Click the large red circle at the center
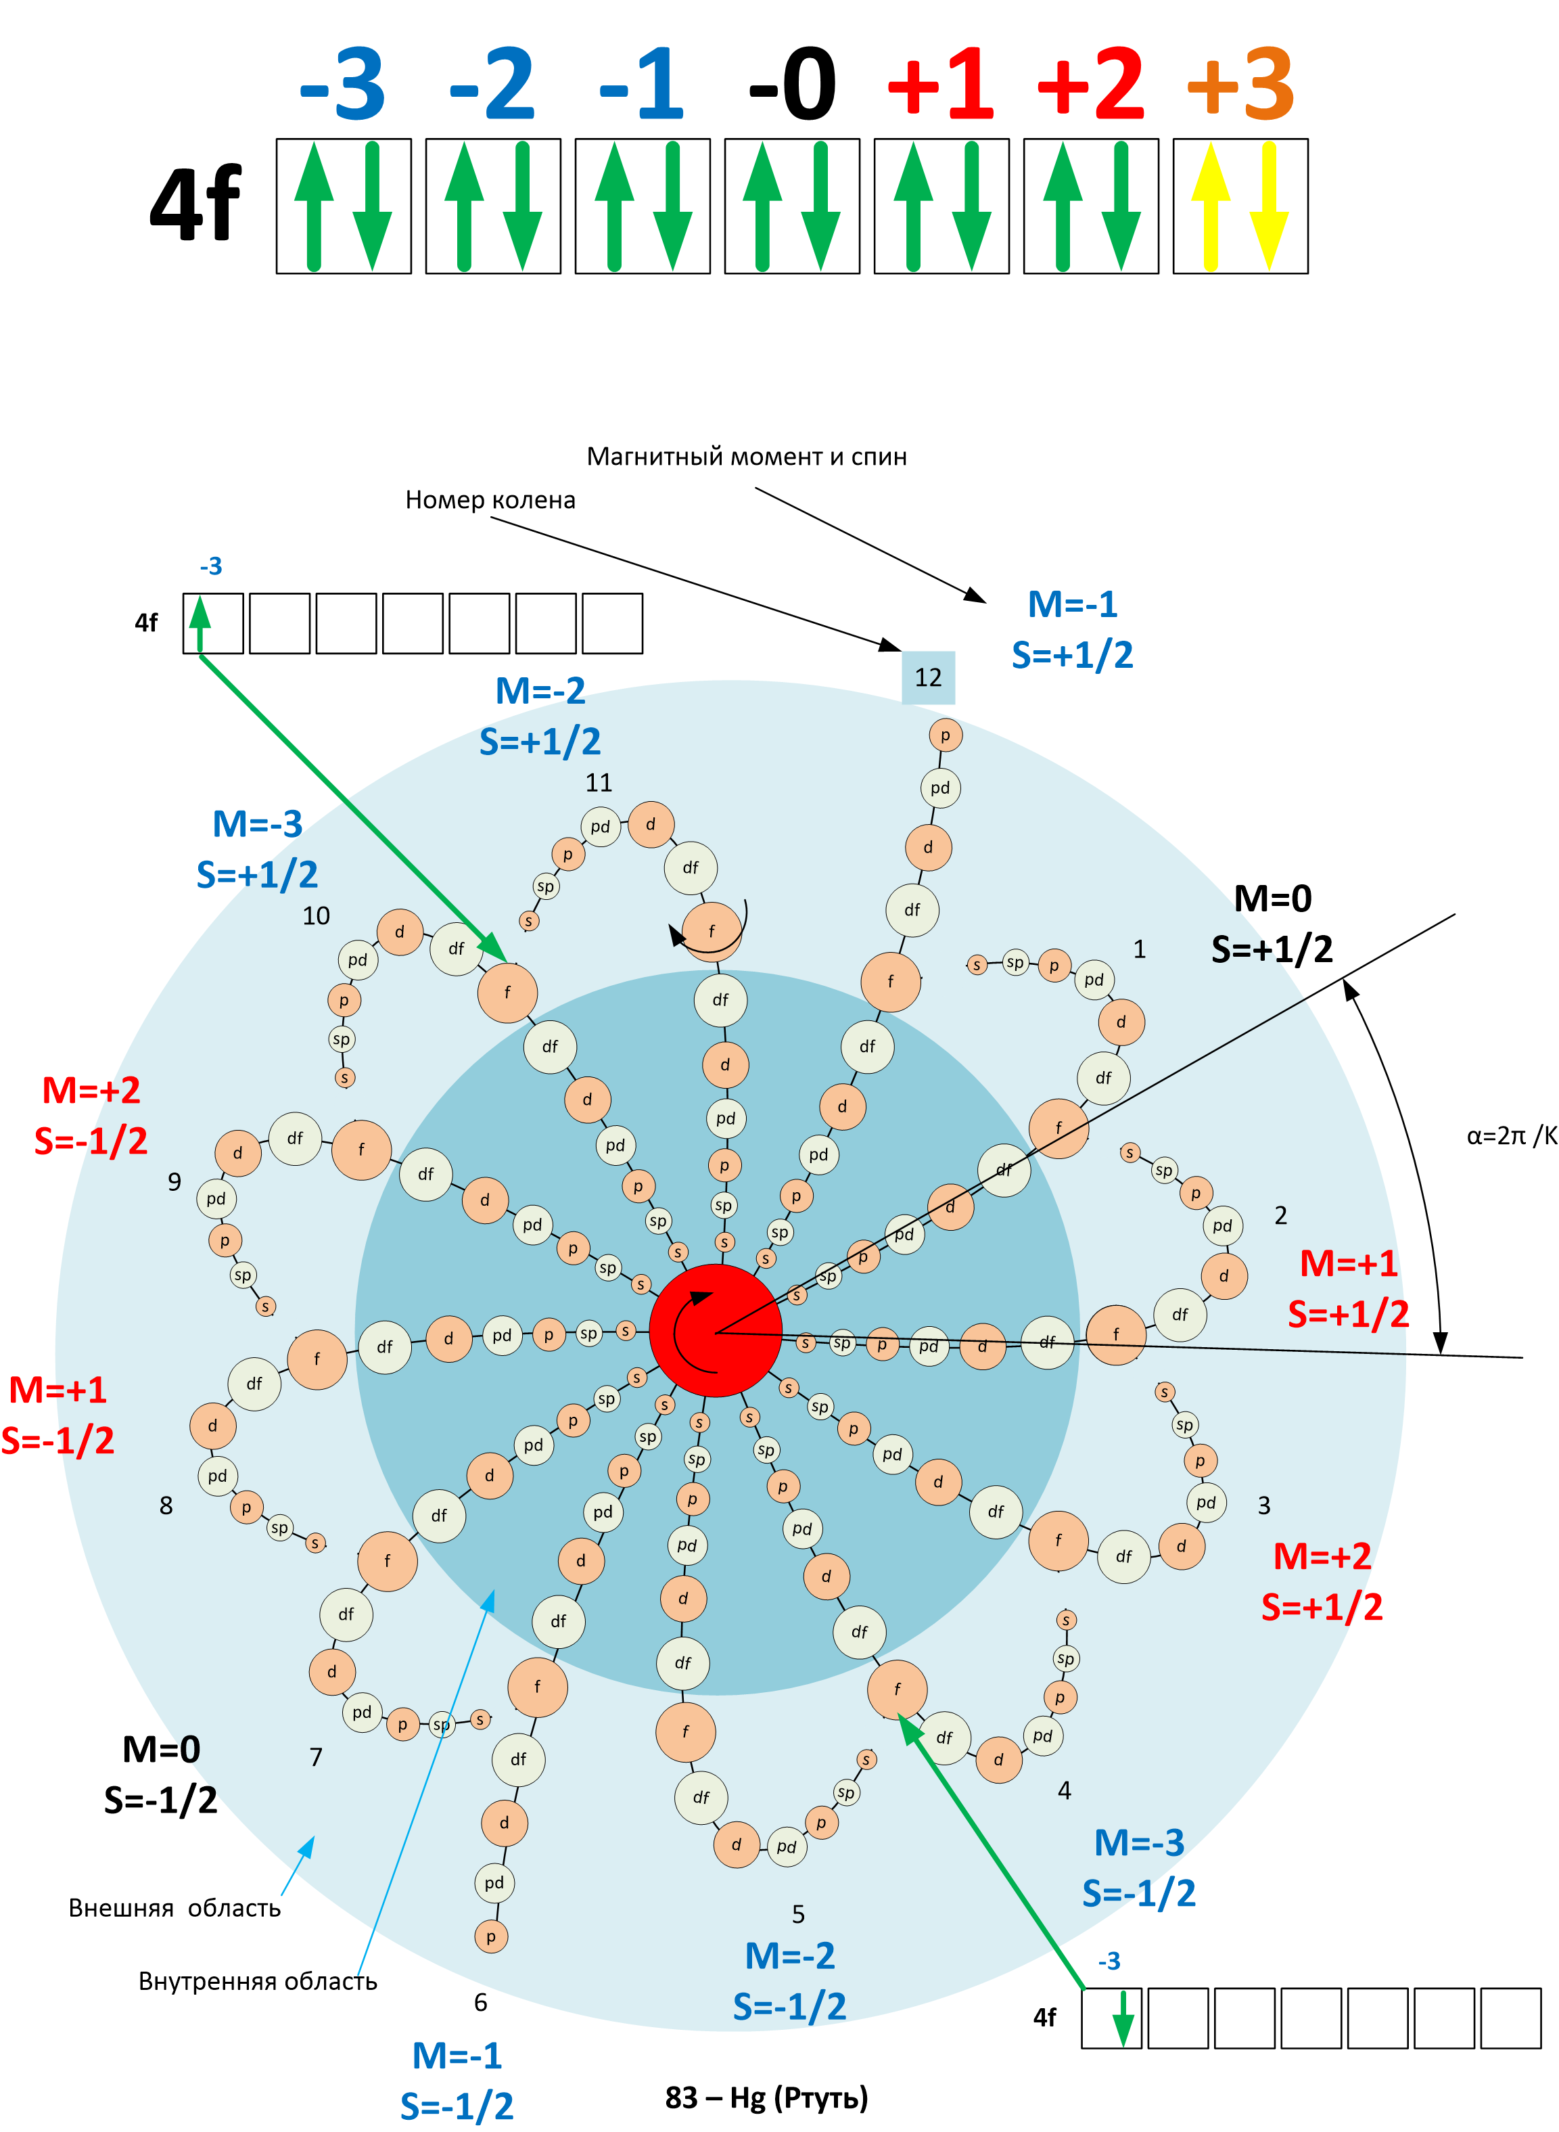coord(716,1331)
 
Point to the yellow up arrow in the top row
coord(1211,206)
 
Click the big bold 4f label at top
coord(195,203)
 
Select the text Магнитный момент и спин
coord(747,457)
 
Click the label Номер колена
coord(490,499)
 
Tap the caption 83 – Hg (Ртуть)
coord(766,2097)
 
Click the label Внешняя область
coord(174,1907)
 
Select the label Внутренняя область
coord(258,1981)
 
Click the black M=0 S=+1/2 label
coord(1272,923)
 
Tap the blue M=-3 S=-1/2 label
coord(1139,1867)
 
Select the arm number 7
coord(316,1757)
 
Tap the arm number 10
coord(316,915)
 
